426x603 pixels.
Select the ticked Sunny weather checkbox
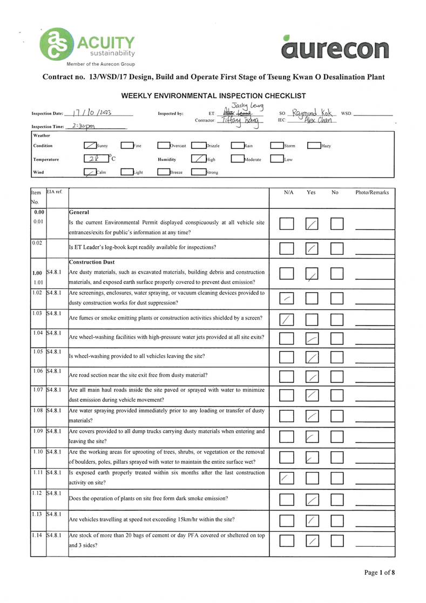click(90, 145)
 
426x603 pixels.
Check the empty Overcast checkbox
click(163, 145)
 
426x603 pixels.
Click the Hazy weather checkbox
click(313, 145)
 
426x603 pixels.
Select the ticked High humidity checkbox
click(198, 159)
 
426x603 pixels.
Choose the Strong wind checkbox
click(198, 172)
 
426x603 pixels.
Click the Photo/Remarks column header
click(372, 192)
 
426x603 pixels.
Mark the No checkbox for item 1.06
click(337, 377)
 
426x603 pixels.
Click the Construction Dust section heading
click(92, 262)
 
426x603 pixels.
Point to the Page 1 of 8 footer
click(379, 572)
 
